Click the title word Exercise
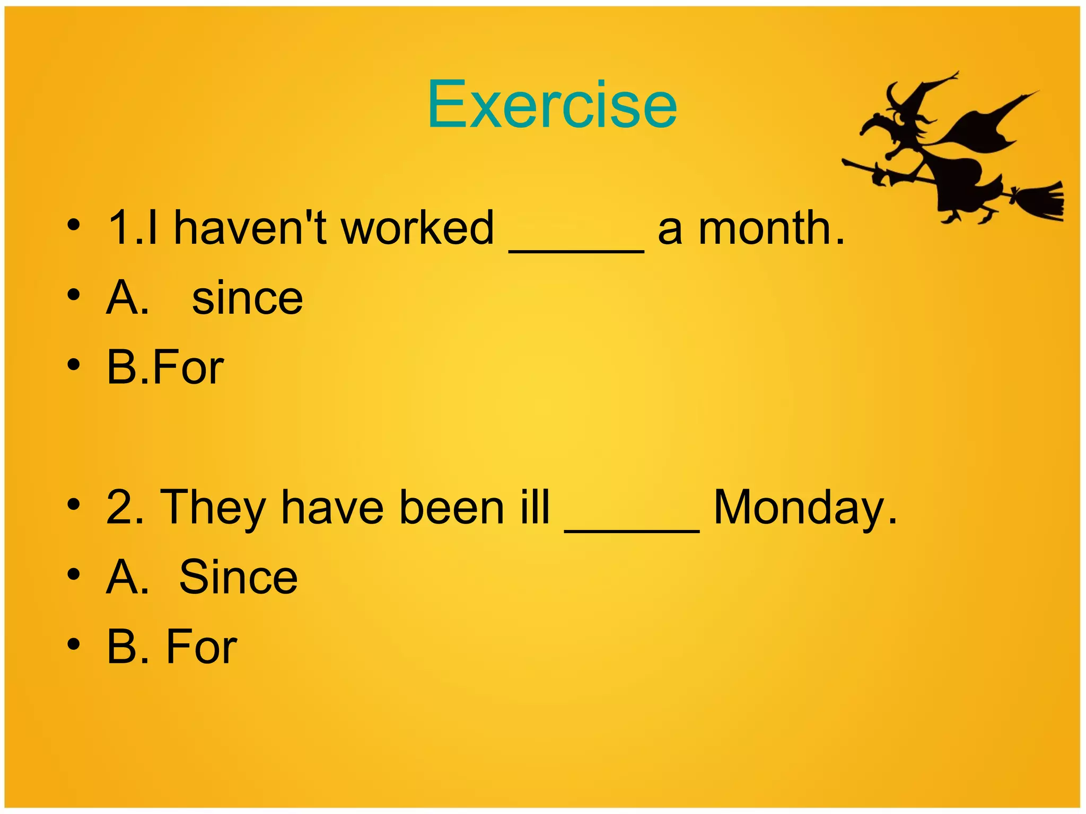tap(551, 104)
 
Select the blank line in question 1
tap(576, 251)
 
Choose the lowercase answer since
tap(247, 298)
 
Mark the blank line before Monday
tap(632, 530)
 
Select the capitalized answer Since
tap(239, 577)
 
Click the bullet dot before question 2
tap(74, 503)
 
